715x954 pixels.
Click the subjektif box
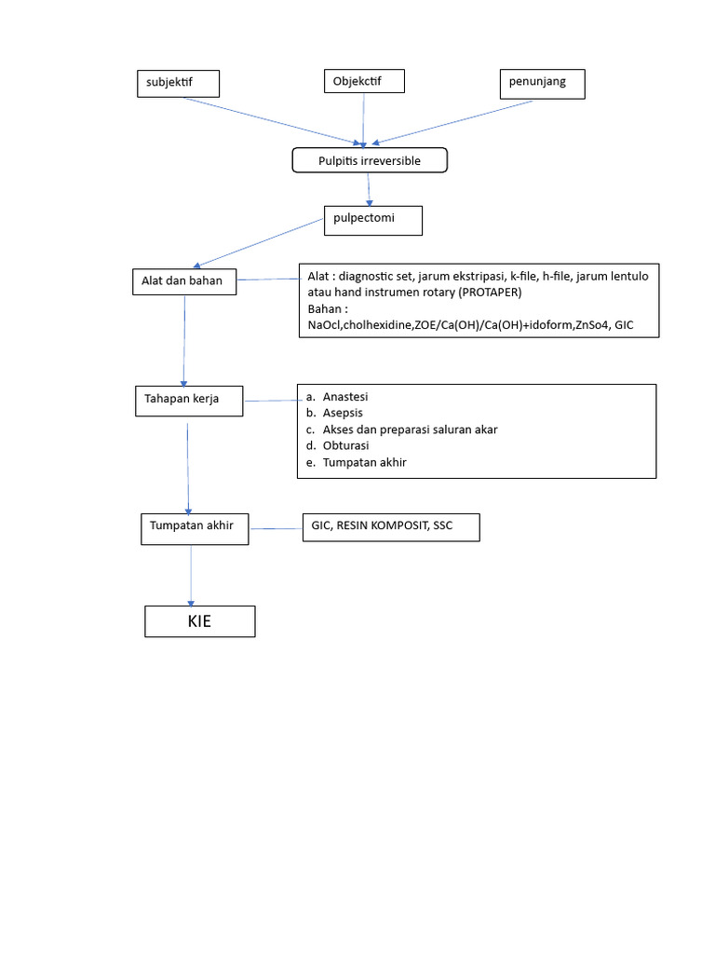(x=177, y=83)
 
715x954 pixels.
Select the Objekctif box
(x=364, y=82)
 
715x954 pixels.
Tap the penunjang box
(x=543, y=83)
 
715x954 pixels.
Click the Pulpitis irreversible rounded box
(x=370, y=161)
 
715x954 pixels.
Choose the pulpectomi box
(x=372, y=221)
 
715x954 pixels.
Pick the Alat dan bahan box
(x=183, y=280)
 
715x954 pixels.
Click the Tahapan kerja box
(x=188, y=400)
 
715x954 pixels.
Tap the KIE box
(x=199, y=621)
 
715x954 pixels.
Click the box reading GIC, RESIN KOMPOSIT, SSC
(x=389, y=527)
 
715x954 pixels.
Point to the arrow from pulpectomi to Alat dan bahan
(x=257, y=243)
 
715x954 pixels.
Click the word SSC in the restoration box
(x=442, y=526)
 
